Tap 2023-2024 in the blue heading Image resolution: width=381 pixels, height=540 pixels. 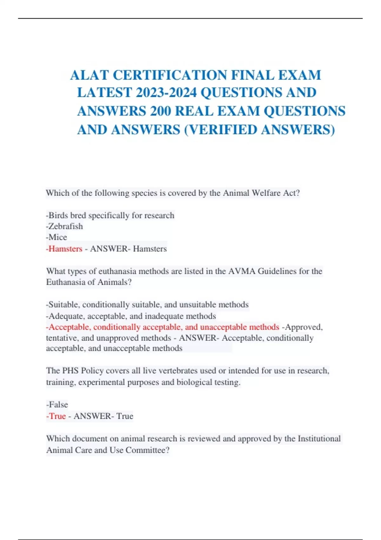pyautogui.click(x=166, y=93)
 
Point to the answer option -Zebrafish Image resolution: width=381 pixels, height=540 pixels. pyautogui.click(x=64, y=226)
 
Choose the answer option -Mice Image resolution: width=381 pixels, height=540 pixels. pyautogui.click(x=57, y=237)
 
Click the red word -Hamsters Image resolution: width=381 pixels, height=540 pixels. pyautogui.click(x=64, y=249)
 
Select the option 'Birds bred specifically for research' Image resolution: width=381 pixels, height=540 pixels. pyautogui.click(x=110, y=215)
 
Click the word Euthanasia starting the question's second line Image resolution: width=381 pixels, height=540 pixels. pyautogui.click(x=66, y=282)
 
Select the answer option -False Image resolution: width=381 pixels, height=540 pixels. pyautogui.click(x=57, y=405)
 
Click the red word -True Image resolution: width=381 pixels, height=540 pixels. pyautogui.click(x=56, y=416)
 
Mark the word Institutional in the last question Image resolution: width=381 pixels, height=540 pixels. pyautogui.click(x=319, y=439)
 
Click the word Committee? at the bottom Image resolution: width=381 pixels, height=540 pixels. pyautogui.click(x=148, y=450)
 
